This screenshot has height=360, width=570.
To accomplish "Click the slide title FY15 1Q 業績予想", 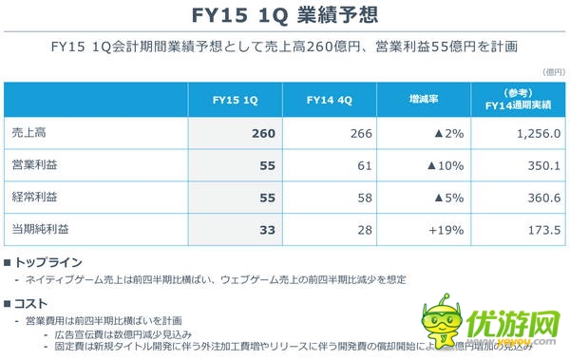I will point(285,16).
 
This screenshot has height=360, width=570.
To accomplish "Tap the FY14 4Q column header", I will point(330,100).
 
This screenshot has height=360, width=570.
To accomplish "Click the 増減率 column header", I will point(423,100).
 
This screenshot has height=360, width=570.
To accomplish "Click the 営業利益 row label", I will point(31,165).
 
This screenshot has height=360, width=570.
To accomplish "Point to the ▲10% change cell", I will point(444,165).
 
